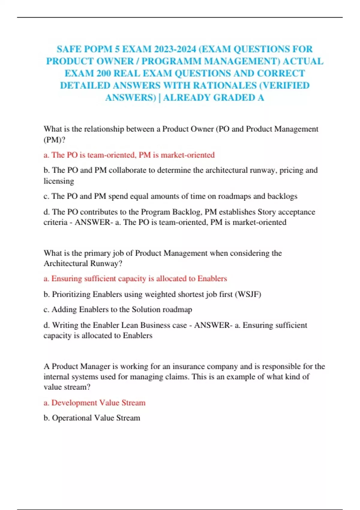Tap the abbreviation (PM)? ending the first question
(54, 139)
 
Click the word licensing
(59, 181)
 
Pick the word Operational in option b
(72, 418)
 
